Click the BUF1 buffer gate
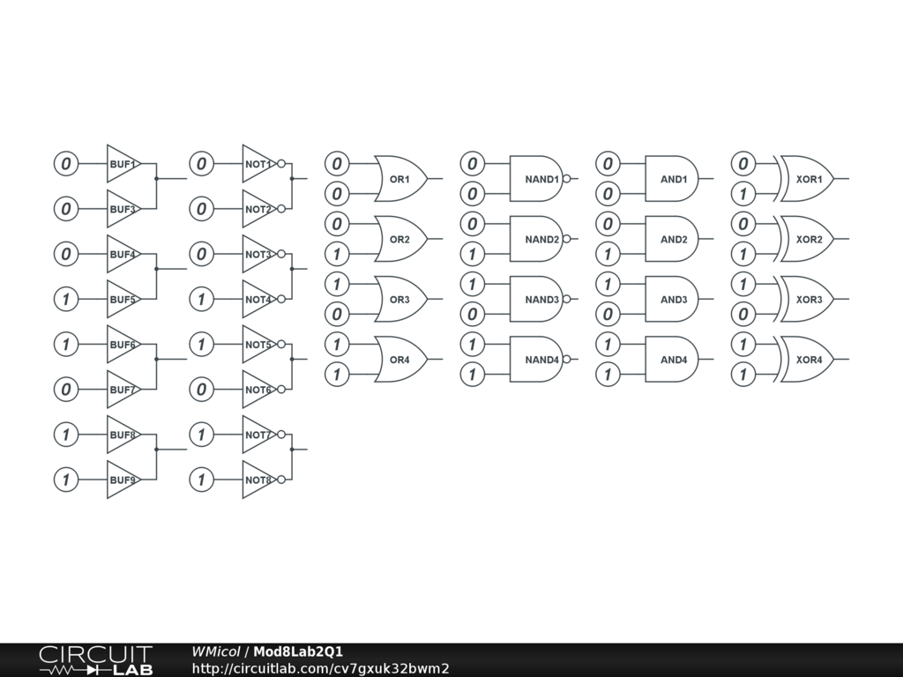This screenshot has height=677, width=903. click(122, 164)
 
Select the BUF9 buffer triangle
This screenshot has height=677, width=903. click(122, 480)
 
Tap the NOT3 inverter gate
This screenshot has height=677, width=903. click(257, 254)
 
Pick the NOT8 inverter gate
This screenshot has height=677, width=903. click(257, 480)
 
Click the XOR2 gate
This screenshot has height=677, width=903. click(807, 239)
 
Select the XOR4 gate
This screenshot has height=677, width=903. click(807, 360)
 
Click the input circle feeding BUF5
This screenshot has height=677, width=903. click(66, 300)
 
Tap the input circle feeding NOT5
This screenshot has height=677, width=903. click(202, 344)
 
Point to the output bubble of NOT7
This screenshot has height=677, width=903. click(282, 435)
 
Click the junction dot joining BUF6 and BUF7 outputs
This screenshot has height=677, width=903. click(156, 360)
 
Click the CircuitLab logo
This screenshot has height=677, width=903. click(95, 660)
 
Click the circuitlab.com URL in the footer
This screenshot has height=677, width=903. click(320, 668)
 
